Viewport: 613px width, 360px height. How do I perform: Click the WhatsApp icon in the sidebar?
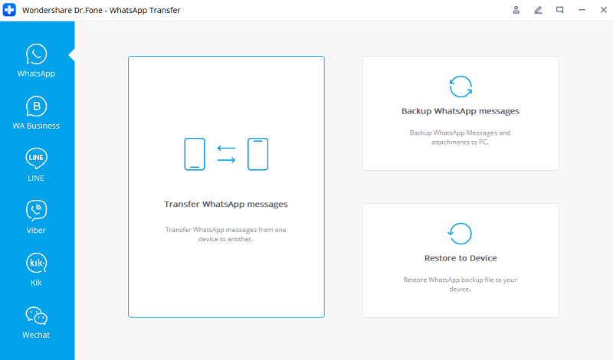pyautogui.click(x=37, y=54)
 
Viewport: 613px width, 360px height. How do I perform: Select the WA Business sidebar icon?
pyautogui.click(x=37, y=106)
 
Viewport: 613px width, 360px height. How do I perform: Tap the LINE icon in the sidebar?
pyautogui.click(x=37, y=159)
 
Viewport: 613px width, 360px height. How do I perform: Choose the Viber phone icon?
pyautogui.click(x=37, y=210)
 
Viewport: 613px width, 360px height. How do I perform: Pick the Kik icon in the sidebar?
pyautogui.click(x=37, y=263)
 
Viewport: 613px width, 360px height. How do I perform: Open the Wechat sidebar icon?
pyautogui.click(x=37, y=316)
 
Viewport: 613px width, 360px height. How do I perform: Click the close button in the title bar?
pyautogui.click(x=602, y=10)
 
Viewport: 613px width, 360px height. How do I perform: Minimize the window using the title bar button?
pyautogui.click(x=581, y=10)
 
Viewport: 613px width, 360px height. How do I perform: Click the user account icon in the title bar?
pyautogui.click(x=516, y=10)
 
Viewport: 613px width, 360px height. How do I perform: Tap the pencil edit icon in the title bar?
pyautogui.click(x=538, y=10)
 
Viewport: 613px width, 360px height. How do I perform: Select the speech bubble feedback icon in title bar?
pyautogui.click(x=559, y=10)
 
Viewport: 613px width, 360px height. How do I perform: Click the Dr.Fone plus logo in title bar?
pyautogui.click(x=10, y=10)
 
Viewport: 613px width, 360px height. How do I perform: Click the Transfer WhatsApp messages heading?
pyautogui.click(x=226, y=205)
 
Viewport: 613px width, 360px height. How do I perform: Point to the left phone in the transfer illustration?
pyautogui.click(x=195, y=154)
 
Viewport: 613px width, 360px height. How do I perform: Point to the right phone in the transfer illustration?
pyautogui.click(x=257, y=154)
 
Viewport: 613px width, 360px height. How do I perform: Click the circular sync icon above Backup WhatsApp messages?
pyautogui.click(x=461, y=87)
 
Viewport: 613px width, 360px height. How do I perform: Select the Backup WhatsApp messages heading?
pyautogui.click(x=461, y=111)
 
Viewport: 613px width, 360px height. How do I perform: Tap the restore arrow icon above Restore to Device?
pyautogui.click(x=461, y=233)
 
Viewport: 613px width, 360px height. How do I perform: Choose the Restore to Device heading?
pyautogui.click(x=461, y=258)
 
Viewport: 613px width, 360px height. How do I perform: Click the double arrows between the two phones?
pyautogui.click(x=226, y=154)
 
